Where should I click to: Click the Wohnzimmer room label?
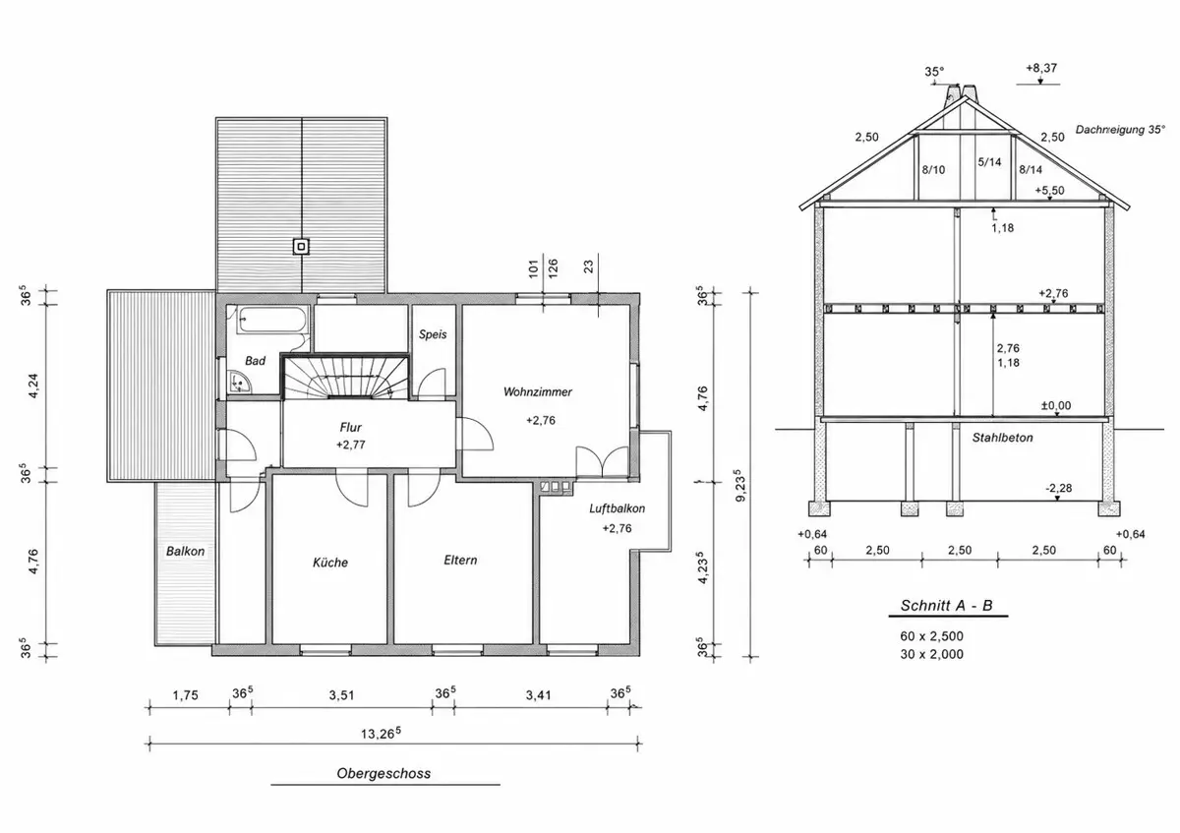pos(537,392)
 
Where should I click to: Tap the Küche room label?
pos(330,563)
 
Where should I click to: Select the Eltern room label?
pos(460,560)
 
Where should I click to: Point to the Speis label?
pos(433,334)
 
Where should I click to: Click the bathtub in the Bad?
pos(271,320)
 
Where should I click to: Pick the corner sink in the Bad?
pos(239,382)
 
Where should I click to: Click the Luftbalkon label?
pos(617,508)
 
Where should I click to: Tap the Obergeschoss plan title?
pos(383,773)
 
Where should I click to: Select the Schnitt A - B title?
pos(946,606)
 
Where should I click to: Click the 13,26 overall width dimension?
pos(381,733)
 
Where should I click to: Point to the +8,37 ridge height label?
pos(1041,68)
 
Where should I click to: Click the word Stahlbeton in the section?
pos(1002,438)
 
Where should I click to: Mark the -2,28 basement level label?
pos(1058,488)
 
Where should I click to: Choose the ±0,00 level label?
pos(1056,406)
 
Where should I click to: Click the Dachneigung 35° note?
pos(1120,130)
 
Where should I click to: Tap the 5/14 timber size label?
pos(989,161)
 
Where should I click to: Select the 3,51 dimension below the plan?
pos(341,695)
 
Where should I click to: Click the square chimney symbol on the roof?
pos(301,247)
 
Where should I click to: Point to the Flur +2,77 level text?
pos(350,445)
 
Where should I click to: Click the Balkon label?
pos(185,551)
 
